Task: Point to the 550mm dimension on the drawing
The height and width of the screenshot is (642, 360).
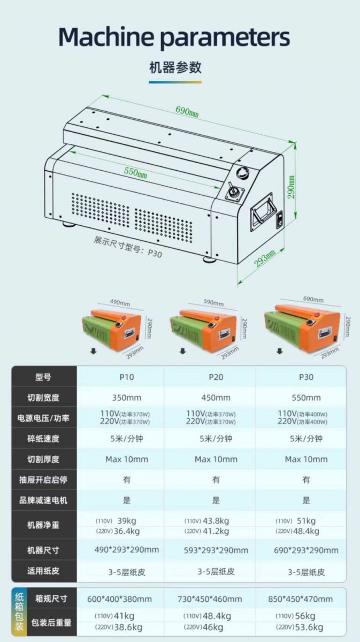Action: (x=135, y=172)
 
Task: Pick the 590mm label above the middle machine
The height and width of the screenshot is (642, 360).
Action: (x=213, y=303)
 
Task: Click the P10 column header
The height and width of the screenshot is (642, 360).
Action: (x=127, y=377)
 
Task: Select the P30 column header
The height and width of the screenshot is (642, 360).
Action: (x=306, y=377)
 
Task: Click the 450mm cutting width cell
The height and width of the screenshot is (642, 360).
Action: (x=216, y=398)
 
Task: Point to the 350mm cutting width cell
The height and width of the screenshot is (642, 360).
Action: (x=127, y=398)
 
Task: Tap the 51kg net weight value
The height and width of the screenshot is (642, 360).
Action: (x=307, y=521)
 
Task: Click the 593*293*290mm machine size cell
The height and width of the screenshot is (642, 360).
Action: (x=216, y=550)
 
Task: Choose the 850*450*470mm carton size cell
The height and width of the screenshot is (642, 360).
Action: (x=300, y=599)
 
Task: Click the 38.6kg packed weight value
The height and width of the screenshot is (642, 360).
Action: (x=129, y=627)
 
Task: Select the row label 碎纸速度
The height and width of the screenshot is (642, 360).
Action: (x=43, y=439)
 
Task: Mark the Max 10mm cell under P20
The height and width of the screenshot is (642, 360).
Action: (x=216, y=459)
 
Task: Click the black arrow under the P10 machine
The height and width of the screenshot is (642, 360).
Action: (x=93, y=351)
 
